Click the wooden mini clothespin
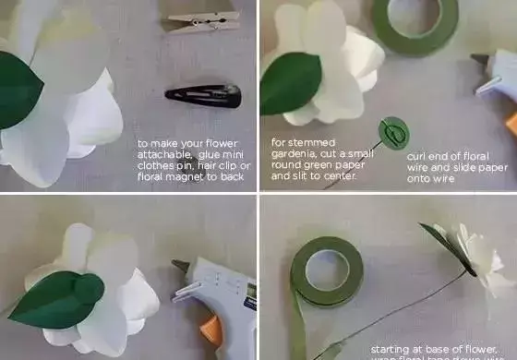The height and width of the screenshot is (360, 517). [203, 19]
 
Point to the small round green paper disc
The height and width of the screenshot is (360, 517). [394, 133]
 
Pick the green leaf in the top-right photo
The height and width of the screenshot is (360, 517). [288, 84]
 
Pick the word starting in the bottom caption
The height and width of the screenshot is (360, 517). [391, 350]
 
